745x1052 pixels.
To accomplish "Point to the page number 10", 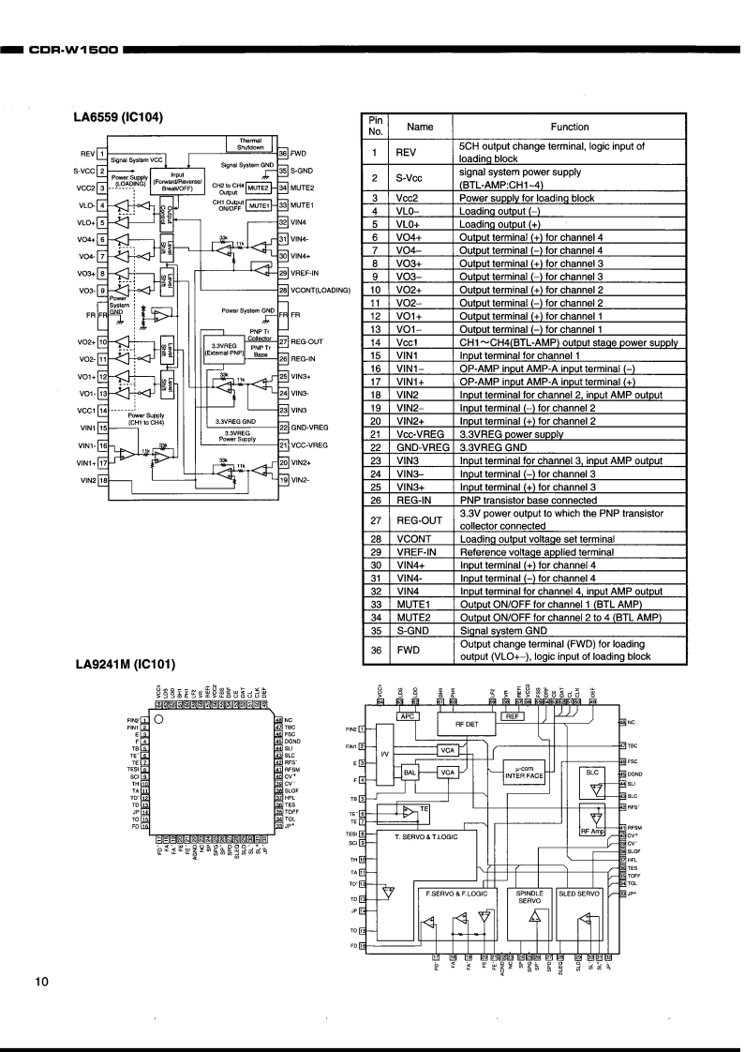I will pos(41,982).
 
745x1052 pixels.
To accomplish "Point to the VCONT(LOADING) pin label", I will pos(320,290).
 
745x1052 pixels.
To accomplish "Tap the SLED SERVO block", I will pos(579,894).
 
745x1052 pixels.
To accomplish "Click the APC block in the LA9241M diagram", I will pos(407,716).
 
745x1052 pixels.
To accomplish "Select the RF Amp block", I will pos(593,830).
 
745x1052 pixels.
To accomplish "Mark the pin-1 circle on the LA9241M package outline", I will pos(159,719).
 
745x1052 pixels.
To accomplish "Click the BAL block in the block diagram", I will pos(410,772).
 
